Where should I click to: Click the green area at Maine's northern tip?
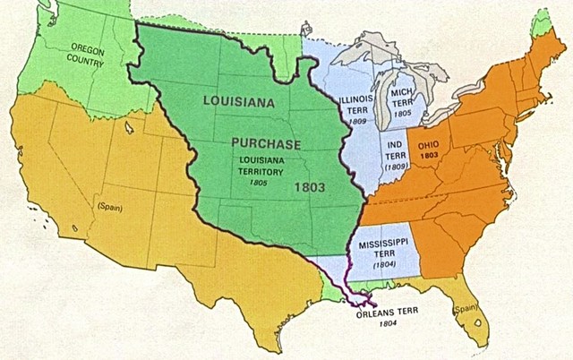click(x=539, y=24)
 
